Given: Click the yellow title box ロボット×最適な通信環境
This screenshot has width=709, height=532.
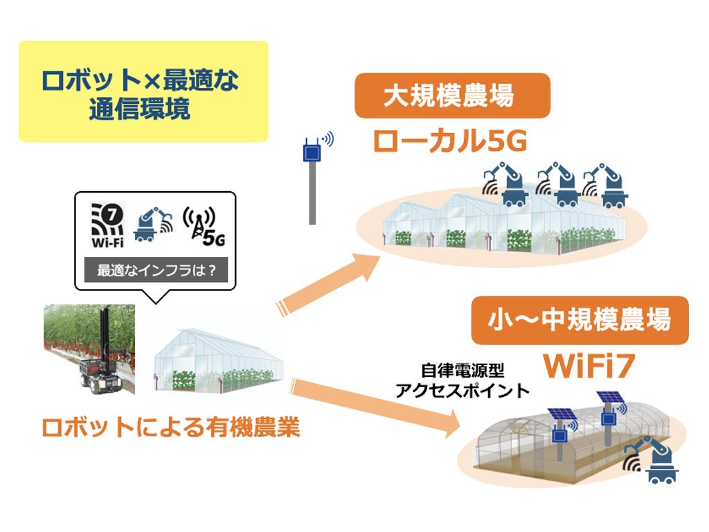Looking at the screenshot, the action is pos(143,91).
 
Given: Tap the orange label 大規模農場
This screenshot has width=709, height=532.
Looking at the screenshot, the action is pos(452,96).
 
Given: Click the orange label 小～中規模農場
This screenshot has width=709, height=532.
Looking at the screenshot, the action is pos(580,320).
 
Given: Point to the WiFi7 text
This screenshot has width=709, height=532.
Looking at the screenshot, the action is pos(589,366).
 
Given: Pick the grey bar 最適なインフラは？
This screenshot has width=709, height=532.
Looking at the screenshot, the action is pos(156,270).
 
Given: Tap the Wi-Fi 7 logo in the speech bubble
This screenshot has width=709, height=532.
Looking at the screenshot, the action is pos(107,225).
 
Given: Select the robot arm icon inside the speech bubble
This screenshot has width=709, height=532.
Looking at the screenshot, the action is pos(153,225).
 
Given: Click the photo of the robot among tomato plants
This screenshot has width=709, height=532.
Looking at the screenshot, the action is pos(89,349).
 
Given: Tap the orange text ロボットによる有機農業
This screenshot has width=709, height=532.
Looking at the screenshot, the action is pos(170,427).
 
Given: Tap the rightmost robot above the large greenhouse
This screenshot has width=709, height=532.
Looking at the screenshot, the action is pos(605,186).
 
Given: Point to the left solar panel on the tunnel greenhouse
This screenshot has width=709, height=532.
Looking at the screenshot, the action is pos(562,415).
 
